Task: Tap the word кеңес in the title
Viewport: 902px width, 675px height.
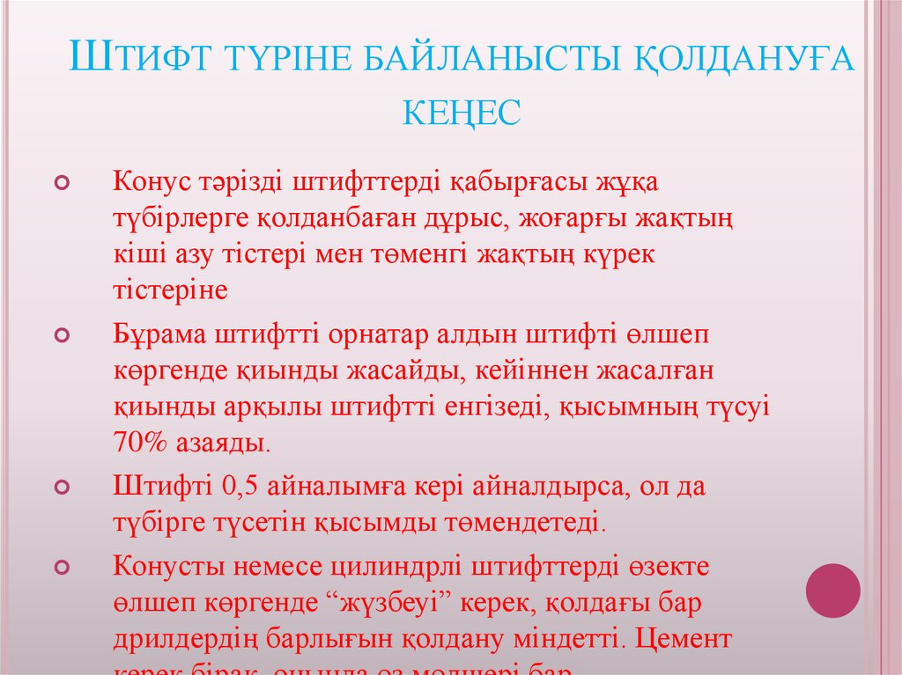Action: tap(462, 113)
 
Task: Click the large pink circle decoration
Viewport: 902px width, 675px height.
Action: tap(833, 590)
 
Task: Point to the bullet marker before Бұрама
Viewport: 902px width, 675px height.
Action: tap(62, 336)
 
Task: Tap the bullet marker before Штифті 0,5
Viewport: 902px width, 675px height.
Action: tap(62, 487)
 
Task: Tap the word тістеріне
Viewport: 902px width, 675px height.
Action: tap(170, 290)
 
